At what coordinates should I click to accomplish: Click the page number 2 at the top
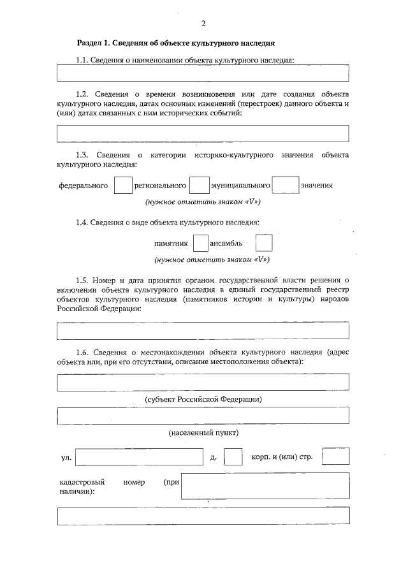(x=203, y=24)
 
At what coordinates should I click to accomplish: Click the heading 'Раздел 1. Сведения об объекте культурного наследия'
(x=175, y=44)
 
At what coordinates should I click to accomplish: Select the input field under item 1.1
(x=203, y=73)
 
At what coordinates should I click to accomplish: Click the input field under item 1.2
(x=203, y=133)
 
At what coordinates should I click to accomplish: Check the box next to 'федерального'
(x=123, y=186)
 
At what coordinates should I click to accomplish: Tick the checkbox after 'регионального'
(x=200, y=186)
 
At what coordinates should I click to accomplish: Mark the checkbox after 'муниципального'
(x=285, y=186)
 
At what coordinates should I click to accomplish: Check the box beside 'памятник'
(x=200, y=244)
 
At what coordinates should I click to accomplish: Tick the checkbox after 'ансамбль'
(x=263, y=244)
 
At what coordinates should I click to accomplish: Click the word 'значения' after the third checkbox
(x=317, y=186)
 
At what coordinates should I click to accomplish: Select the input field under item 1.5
(x=203, y=331)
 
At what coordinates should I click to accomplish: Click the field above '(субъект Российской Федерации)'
(x=203, y=382)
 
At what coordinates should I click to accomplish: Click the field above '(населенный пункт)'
(x=203, y=416)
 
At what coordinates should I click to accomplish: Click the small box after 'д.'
(x=234, y=458)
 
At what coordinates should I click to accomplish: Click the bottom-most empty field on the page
(x=203, y=516)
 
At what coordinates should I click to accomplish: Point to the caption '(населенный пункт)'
(x=203, y=433)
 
